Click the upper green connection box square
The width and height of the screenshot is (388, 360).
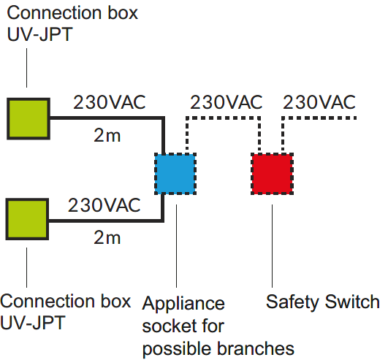click(x=28, y=119)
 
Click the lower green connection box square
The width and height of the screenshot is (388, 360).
click(x=27, y=219)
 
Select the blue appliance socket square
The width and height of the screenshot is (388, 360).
click(x=175, y=174)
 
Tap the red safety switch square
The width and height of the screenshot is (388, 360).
click(x=273, y=174)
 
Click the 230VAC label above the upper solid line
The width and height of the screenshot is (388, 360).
click(x=110, y=102)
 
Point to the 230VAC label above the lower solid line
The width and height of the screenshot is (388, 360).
click(x=104, y=205)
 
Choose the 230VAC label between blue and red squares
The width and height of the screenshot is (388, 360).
click(x=227, y=102)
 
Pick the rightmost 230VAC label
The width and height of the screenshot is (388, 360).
click(x=319, y=102)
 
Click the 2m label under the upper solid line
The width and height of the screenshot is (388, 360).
click(x=107, y=136)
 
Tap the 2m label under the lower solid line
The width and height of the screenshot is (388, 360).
click(x=107, y=238)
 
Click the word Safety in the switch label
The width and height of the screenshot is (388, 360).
click(x=293, y=302)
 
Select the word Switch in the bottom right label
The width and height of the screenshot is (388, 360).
click(x=352, y=302)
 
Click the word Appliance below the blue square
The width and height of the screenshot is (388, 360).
click(x=183, y=304)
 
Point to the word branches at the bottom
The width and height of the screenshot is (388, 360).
click(x=256, y=348)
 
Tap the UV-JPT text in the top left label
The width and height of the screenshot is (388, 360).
click(x=39, y=34)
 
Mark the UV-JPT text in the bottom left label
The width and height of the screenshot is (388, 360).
click(x=33, y=323)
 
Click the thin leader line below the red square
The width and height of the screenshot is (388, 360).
click(x=273, y=246)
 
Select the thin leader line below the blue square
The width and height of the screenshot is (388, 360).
click(x=176, y=246)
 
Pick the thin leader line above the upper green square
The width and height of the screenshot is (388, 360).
click(x=27, y=68)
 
